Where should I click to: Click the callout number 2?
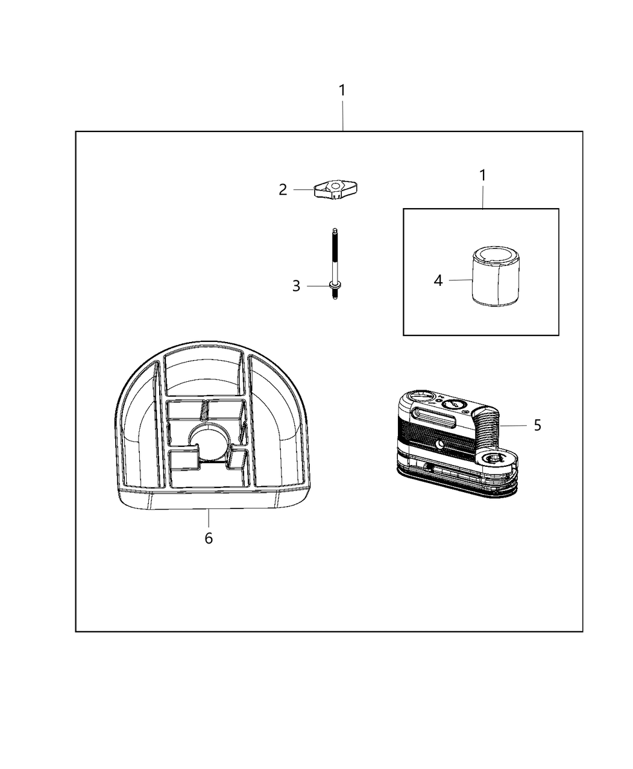coord(283,189)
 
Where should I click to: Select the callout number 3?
coord(296,286)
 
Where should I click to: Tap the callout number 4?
coord(438,280)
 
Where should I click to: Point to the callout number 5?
coord(537,425)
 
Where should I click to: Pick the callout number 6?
coord(209,538)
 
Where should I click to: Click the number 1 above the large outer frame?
coord(342,90)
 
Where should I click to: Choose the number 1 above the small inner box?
coord(482,176)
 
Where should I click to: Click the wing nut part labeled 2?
coord(336,190)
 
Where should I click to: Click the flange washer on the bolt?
coord(334,285)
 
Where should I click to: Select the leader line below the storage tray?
coord(209,517)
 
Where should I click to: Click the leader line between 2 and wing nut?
coord(304,190)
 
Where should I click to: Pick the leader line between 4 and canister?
coord(460,280)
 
